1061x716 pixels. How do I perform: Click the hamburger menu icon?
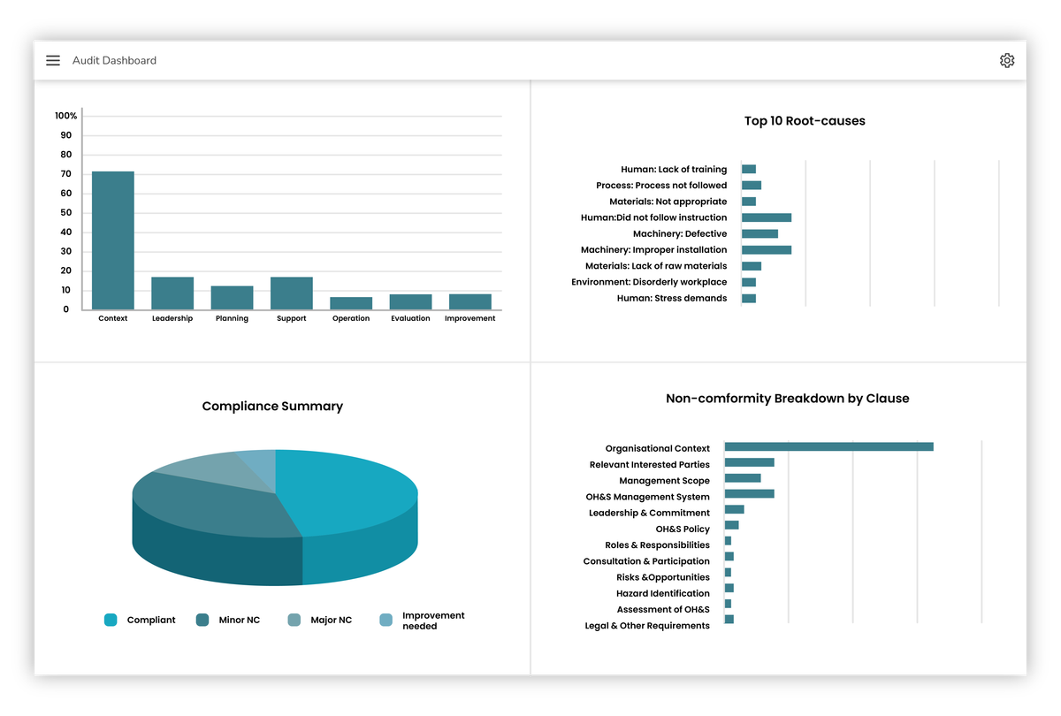click(x=53, y=60)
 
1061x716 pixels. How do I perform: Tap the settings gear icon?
click(x=1007, y=60)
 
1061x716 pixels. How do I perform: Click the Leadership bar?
click(x=172, y=293)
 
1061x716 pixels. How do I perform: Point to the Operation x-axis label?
click(x=351, y=318)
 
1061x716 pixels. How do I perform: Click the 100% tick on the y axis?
click(x=66, y=116)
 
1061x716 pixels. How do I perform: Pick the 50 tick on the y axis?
click(x=66, y=213)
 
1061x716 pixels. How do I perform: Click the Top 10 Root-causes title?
click(x=805, y=121)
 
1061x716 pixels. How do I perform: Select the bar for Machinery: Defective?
click(x=759, y=234)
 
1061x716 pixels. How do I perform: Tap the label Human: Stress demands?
click(x=672, y=299)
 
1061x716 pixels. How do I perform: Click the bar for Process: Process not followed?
click(x=752, y=186)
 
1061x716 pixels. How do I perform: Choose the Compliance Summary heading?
click(x=272, y=407)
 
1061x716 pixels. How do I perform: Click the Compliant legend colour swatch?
click(x=111, y=621)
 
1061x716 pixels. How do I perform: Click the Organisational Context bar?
click(x=828, y=446)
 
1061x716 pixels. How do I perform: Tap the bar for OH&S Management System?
click(x=749, y=494)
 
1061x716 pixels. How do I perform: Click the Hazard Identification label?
click(x=663, y=594)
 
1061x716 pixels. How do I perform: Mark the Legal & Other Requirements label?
click(x=647, y=626)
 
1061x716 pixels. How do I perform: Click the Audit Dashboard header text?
click(x=115, y=60)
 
